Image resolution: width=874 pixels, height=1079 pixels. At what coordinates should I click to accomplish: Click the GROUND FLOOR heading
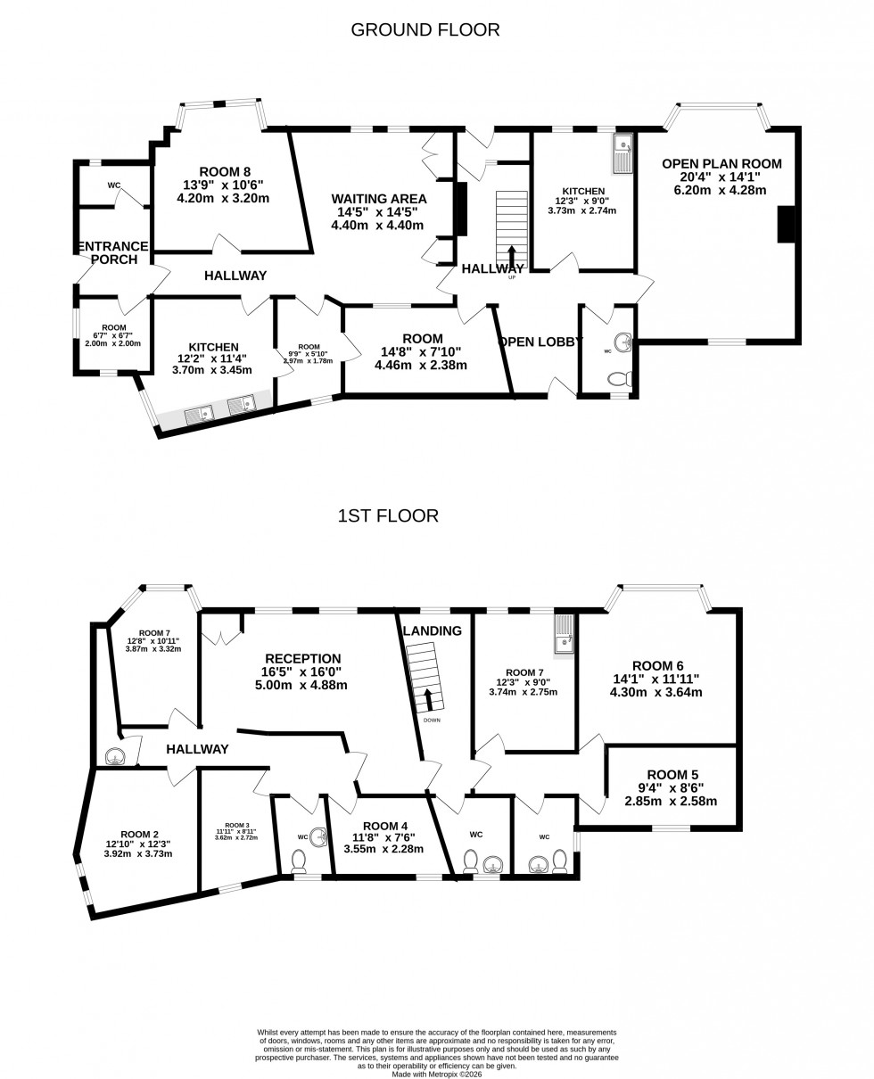click(x=425, y=30)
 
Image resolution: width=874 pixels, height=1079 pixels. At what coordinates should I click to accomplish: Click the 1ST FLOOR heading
click(x=388, y=516)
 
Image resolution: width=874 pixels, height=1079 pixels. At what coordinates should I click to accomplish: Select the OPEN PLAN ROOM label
click(x=721, y=164)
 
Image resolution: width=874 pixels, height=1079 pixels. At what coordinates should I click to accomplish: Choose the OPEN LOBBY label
click(x=540, y=342)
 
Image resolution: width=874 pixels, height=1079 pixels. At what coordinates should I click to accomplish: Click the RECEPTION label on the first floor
click(x=302, y=659)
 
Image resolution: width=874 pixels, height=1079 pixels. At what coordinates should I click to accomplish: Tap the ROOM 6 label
click(x=657, y=666)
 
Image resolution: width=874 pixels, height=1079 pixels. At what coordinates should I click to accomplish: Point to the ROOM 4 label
click(x=379, y=827)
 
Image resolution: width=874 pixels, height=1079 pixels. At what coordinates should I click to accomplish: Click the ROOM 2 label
click(x=138, y=835)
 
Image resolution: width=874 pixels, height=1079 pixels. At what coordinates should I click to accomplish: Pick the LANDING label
click(x=433, y=631)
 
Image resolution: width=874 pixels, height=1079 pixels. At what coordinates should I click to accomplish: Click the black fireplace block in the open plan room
click(x=786, y=224)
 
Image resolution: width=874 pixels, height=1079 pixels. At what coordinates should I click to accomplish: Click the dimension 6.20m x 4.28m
click(x=721, y=190)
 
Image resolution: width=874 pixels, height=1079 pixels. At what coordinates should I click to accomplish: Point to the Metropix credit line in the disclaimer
click(x=436, y=1074)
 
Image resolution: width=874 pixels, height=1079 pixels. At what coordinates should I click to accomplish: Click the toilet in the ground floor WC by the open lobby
click(x=619, y=379)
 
